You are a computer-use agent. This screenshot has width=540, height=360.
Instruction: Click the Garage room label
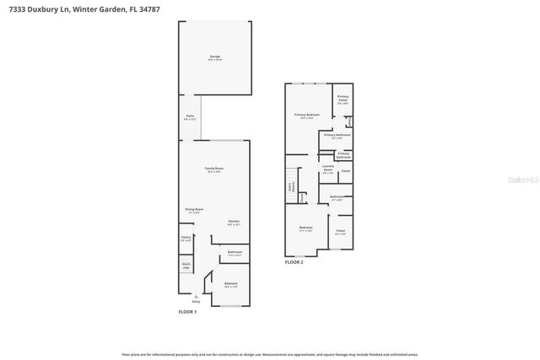(x=214, y=57)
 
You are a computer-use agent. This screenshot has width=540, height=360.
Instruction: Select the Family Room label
(x=214, y=169)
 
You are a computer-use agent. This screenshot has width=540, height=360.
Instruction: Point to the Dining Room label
(x=194, y=210)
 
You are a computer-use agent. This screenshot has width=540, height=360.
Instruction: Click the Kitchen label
(x=234, y=223)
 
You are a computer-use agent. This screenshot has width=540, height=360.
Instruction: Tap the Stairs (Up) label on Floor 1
(x=186, y=266)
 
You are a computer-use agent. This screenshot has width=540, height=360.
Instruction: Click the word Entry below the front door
(x=197, y=301)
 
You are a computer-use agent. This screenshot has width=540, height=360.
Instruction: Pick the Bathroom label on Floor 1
(x=235, y=253)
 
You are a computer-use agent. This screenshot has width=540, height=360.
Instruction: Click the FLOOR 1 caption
(x=187, y=312)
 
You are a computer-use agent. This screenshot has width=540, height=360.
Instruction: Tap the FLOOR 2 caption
(x=294, y=262)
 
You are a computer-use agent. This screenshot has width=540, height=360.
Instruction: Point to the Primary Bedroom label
(x=306, y=116)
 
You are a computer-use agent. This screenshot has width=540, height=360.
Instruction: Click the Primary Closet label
(x=343, y=99)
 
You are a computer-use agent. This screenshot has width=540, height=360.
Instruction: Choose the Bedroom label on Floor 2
(x=305, y=228)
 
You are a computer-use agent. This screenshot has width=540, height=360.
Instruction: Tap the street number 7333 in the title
(x=18, y=8)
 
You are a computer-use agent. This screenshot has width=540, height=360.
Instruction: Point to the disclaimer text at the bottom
(x=270, y=354)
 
